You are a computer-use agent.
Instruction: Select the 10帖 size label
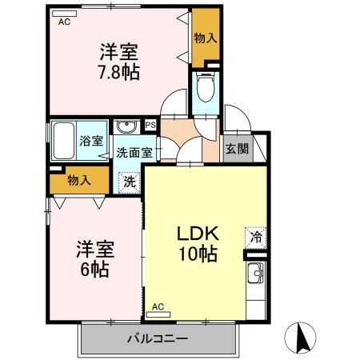[197, 255]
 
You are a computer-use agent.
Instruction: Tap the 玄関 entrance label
[235, 149]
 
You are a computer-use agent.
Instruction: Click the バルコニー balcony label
[157, 339]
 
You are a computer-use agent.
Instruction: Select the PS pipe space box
[150, 125]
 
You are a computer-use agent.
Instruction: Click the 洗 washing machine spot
[129, 181]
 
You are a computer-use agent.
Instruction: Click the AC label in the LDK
[158, 306]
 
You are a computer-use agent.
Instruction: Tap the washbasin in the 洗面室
[126, 128]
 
